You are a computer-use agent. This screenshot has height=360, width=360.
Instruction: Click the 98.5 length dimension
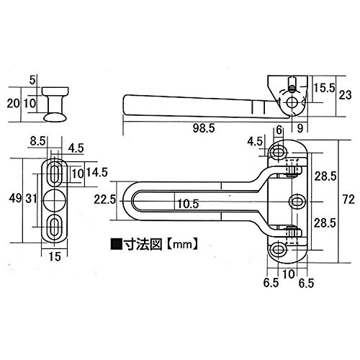point(204,128)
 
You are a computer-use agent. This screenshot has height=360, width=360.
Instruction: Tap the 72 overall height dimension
point(348,199)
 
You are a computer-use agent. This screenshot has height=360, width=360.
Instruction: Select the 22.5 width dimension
point(104,199)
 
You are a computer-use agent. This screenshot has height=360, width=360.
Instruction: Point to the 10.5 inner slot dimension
point(188,204)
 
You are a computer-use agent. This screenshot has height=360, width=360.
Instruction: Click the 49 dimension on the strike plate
point(16,198)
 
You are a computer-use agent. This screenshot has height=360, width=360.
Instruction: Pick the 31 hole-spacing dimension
point(31,199)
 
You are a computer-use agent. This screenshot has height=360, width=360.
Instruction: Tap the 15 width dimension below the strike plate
point(55,256)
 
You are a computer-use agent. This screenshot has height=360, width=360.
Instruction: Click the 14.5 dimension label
point(97,172)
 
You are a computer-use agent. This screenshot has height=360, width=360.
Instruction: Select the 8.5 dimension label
point(37,141)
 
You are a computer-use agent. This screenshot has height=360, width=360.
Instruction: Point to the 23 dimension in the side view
point(345,95)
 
